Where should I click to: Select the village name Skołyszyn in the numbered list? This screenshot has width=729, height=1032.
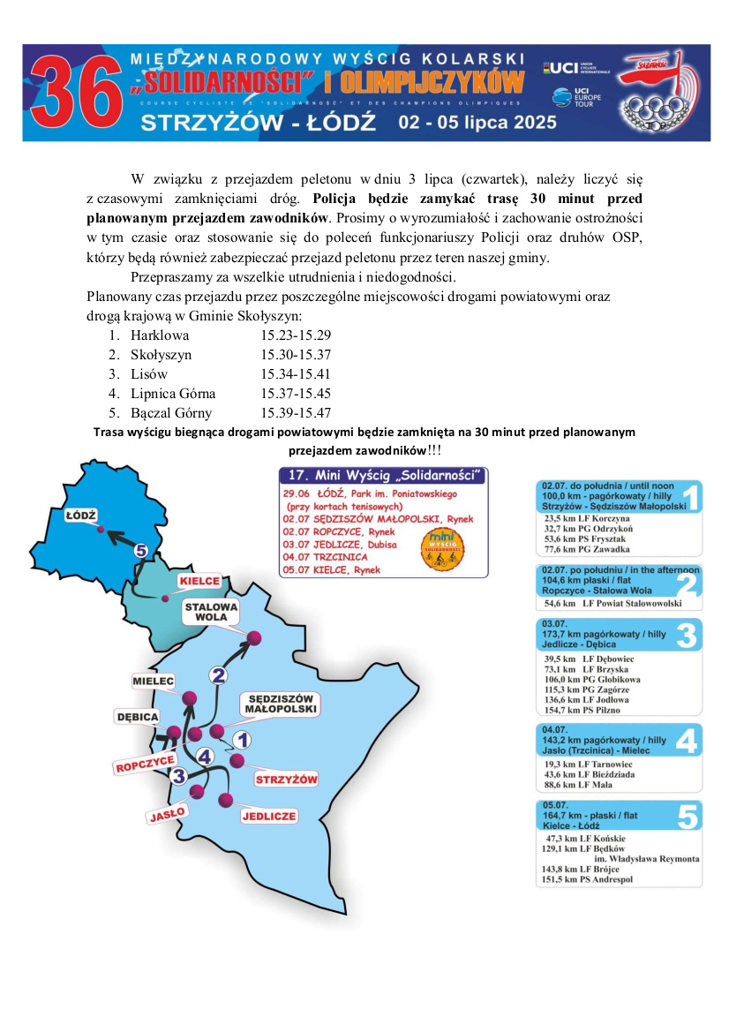coord(161,355)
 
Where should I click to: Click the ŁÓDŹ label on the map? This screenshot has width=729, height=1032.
coord(79,514)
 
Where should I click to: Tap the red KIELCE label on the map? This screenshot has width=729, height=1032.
coord(199,582)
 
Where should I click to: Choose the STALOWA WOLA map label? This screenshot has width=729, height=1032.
coord(211,612)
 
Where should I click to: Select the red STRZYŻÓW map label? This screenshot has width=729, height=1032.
coord(286,780)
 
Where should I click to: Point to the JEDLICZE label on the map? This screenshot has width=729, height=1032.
coord(268,816)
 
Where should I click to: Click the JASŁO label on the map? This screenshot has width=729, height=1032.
coord(166,814)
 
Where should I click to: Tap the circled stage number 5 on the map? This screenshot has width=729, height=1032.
coord(140,550)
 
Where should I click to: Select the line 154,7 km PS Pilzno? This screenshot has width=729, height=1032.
coord(582,710)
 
